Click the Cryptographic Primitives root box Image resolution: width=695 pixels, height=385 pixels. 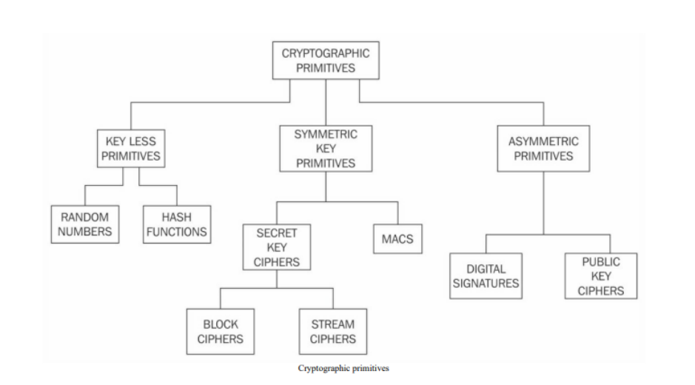326,61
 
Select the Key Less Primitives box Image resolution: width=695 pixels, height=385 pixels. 130,148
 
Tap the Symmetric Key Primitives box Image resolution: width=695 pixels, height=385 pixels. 326,149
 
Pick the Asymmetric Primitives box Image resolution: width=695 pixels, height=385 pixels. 543,148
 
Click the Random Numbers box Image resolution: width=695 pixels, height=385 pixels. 85,224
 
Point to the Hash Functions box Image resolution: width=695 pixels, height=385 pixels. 177,224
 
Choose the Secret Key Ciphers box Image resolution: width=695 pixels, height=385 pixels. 277,247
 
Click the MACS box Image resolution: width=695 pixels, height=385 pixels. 397,239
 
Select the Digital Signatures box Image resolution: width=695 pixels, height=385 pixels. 486,276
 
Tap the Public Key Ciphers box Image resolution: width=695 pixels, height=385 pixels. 600,276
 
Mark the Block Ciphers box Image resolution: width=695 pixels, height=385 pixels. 221,332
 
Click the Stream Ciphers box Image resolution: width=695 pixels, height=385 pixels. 332,332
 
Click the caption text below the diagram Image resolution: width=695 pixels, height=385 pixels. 343,368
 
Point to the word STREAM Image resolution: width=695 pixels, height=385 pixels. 332,324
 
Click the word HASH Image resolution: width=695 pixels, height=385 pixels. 177,216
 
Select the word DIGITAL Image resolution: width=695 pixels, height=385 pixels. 486,269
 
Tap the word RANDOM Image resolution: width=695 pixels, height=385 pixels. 85,216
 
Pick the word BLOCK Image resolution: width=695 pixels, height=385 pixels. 221,324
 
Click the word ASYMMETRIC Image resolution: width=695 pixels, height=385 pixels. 543,141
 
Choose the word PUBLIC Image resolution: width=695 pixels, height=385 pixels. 600,261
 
